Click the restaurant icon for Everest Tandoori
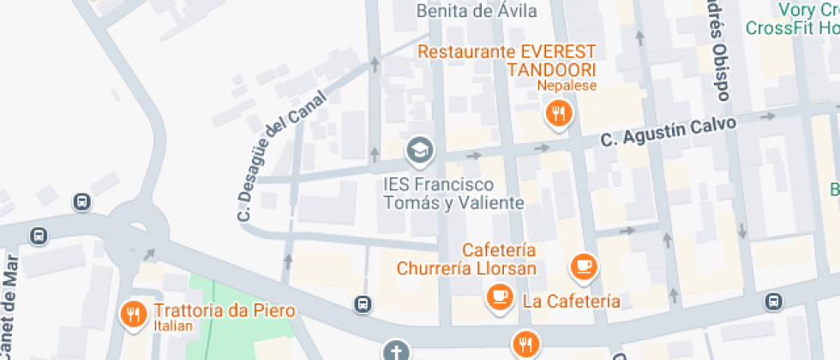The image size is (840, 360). point(558,113)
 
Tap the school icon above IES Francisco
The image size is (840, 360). point(420,151)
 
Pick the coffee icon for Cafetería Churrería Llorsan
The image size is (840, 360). point(585,266)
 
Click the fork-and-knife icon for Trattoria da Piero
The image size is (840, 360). point(132,314)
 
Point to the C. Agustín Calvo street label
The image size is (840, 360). point(668,130)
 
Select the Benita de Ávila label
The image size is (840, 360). point(477,11)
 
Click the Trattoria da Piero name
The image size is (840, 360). point(225,310)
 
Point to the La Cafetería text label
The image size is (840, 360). point(571,301)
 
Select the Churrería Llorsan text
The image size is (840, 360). point(466,268)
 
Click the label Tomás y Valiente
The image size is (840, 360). point(453,203)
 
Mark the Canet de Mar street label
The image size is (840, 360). point(10,304)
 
